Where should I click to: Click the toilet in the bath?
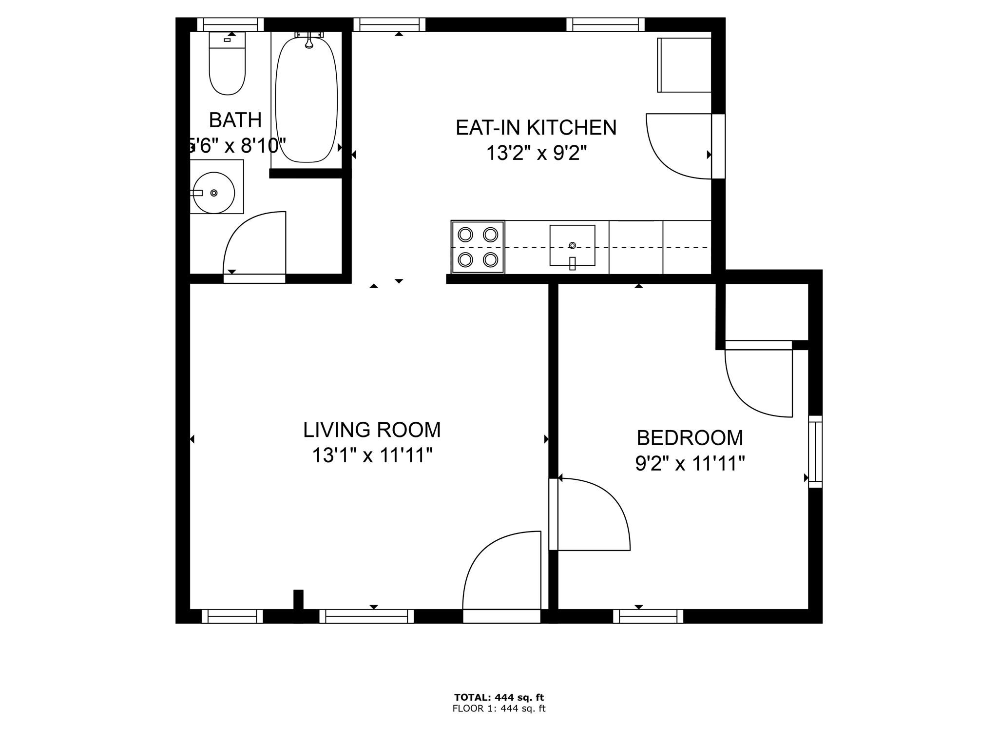227,63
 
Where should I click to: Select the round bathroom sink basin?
214,193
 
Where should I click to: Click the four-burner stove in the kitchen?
478,247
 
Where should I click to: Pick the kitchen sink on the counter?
573,246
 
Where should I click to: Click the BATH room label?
235,120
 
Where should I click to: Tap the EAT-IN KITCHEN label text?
536,128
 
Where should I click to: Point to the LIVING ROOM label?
372,430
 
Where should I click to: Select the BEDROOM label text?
690,438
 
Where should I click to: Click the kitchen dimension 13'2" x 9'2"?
536,154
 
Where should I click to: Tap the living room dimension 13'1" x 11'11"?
372,456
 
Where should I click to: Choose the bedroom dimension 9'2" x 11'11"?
690,463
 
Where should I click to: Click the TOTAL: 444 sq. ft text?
499,697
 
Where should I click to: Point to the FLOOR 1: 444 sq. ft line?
499,709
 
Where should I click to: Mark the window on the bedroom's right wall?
815,451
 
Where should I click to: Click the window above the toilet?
230,24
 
